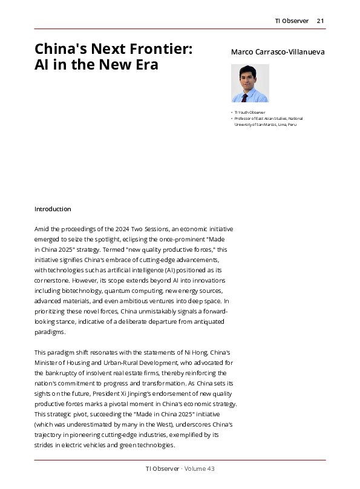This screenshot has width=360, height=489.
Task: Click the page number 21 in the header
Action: coord(321,21)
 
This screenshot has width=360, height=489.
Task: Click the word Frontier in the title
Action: coord(157,49)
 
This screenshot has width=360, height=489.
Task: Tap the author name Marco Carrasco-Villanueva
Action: coord(278,52)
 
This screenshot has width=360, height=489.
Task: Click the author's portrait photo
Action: coord(250,84)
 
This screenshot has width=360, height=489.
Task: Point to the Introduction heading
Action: coord(53,209)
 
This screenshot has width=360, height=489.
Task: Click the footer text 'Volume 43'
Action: coord(200,469)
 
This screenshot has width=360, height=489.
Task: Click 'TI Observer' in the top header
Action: coord(292,21)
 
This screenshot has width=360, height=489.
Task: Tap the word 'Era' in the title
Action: coord(145,65)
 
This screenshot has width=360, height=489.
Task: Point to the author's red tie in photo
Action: coord(245,97)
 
